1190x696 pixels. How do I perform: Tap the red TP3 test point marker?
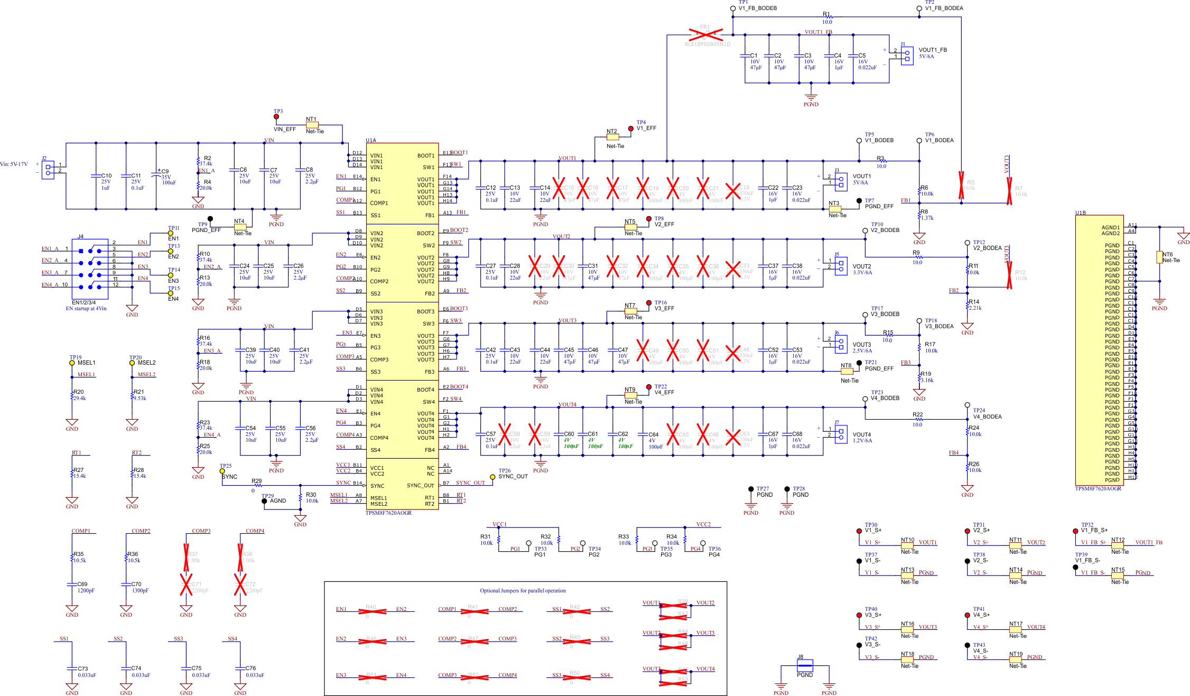pos(276,117)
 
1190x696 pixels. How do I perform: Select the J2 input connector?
pos(48,170)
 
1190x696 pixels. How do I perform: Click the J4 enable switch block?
pos(90,269)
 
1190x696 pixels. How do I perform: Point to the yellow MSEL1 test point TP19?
pos(72,363)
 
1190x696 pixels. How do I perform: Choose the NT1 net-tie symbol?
pos(312,125)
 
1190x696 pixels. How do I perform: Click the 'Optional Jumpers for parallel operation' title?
pos(522,590)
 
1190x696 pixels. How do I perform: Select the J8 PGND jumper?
pos(804,665)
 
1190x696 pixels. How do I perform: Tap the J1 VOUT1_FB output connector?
pos(907,54)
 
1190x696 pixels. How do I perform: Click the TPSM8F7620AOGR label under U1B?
pos(1098,489)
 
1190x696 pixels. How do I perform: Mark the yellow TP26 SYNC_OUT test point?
pos(492,477)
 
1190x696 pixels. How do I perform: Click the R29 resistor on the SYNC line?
pos(257,485)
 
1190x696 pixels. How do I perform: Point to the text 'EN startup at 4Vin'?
pos(86,309)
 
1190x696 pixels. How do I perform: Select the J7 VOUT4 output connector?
pos(841,433)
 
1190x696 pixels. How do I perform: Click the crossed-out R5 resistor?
pos(961,185)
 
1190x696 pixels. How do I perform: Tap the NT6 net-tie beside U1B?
pos(1159,257)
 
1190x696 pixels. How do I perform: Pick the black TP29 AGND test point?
pos(264,501)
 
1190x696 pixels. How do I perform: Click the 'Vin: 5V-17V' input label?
pos(14,164)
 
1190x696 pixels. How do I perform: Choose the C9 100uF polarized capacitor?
pos(156,176)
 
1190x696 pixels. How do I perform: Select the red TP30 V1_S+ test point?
pos(859,531)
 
